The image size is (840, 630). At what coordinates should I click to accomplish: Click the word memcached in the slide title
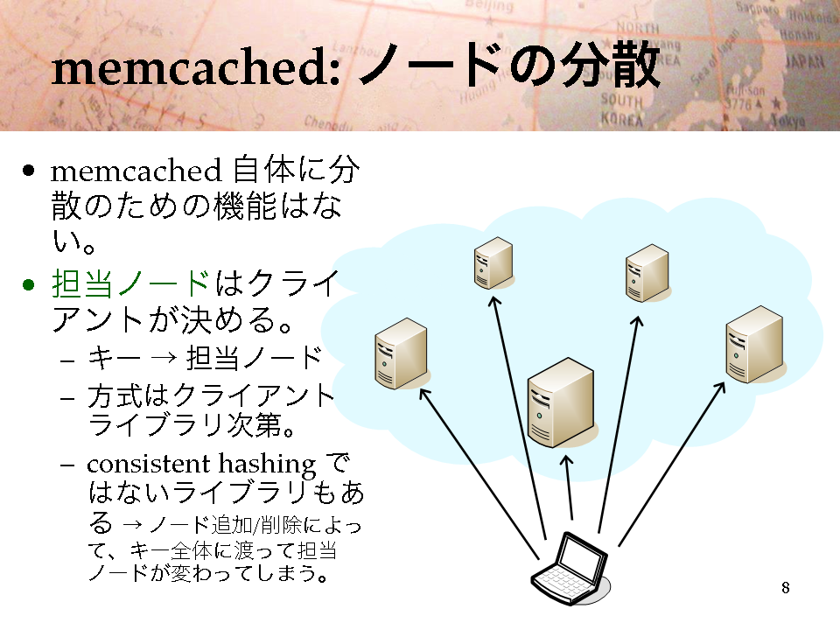(195, 68)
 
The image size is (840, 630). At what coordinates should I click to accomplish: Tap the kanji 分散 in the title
(610, 66)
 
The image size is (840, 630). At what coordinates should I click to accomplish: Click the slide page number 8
(786, 588)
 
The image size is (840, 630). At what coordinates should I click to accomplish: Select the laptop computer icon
(570, 569)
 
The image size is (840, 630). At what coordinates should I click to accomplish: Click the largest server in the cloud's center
(561, 402)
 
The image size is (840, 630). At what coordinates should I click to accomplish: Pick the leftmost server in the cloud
(402, 353)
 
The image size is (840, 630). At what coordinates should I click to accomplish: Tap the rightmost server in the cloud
(755, 344)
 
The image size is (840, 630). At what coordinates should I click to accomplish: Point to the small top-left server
(493, 263)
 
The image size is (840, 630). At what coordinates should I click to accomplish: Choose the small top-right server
(647, 273)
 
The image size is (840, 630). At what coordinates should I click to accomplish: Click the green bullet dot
(28, 284)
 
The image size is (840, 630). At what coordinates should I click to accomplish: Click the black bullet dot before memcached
(28, 171)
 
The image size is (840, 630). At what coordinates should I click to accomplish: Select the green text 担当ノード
(130, 283)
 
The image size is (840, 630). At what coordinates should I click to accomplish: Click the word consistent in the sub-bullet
(149, 464)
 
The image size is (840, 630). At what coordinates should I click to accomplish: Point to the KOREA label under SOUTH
(621, 119)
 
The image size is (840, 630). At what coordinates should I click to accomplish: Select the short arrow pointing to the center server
(569, 487)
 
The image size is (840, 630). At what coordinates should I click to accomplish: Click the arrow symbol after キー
(164, 357)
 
